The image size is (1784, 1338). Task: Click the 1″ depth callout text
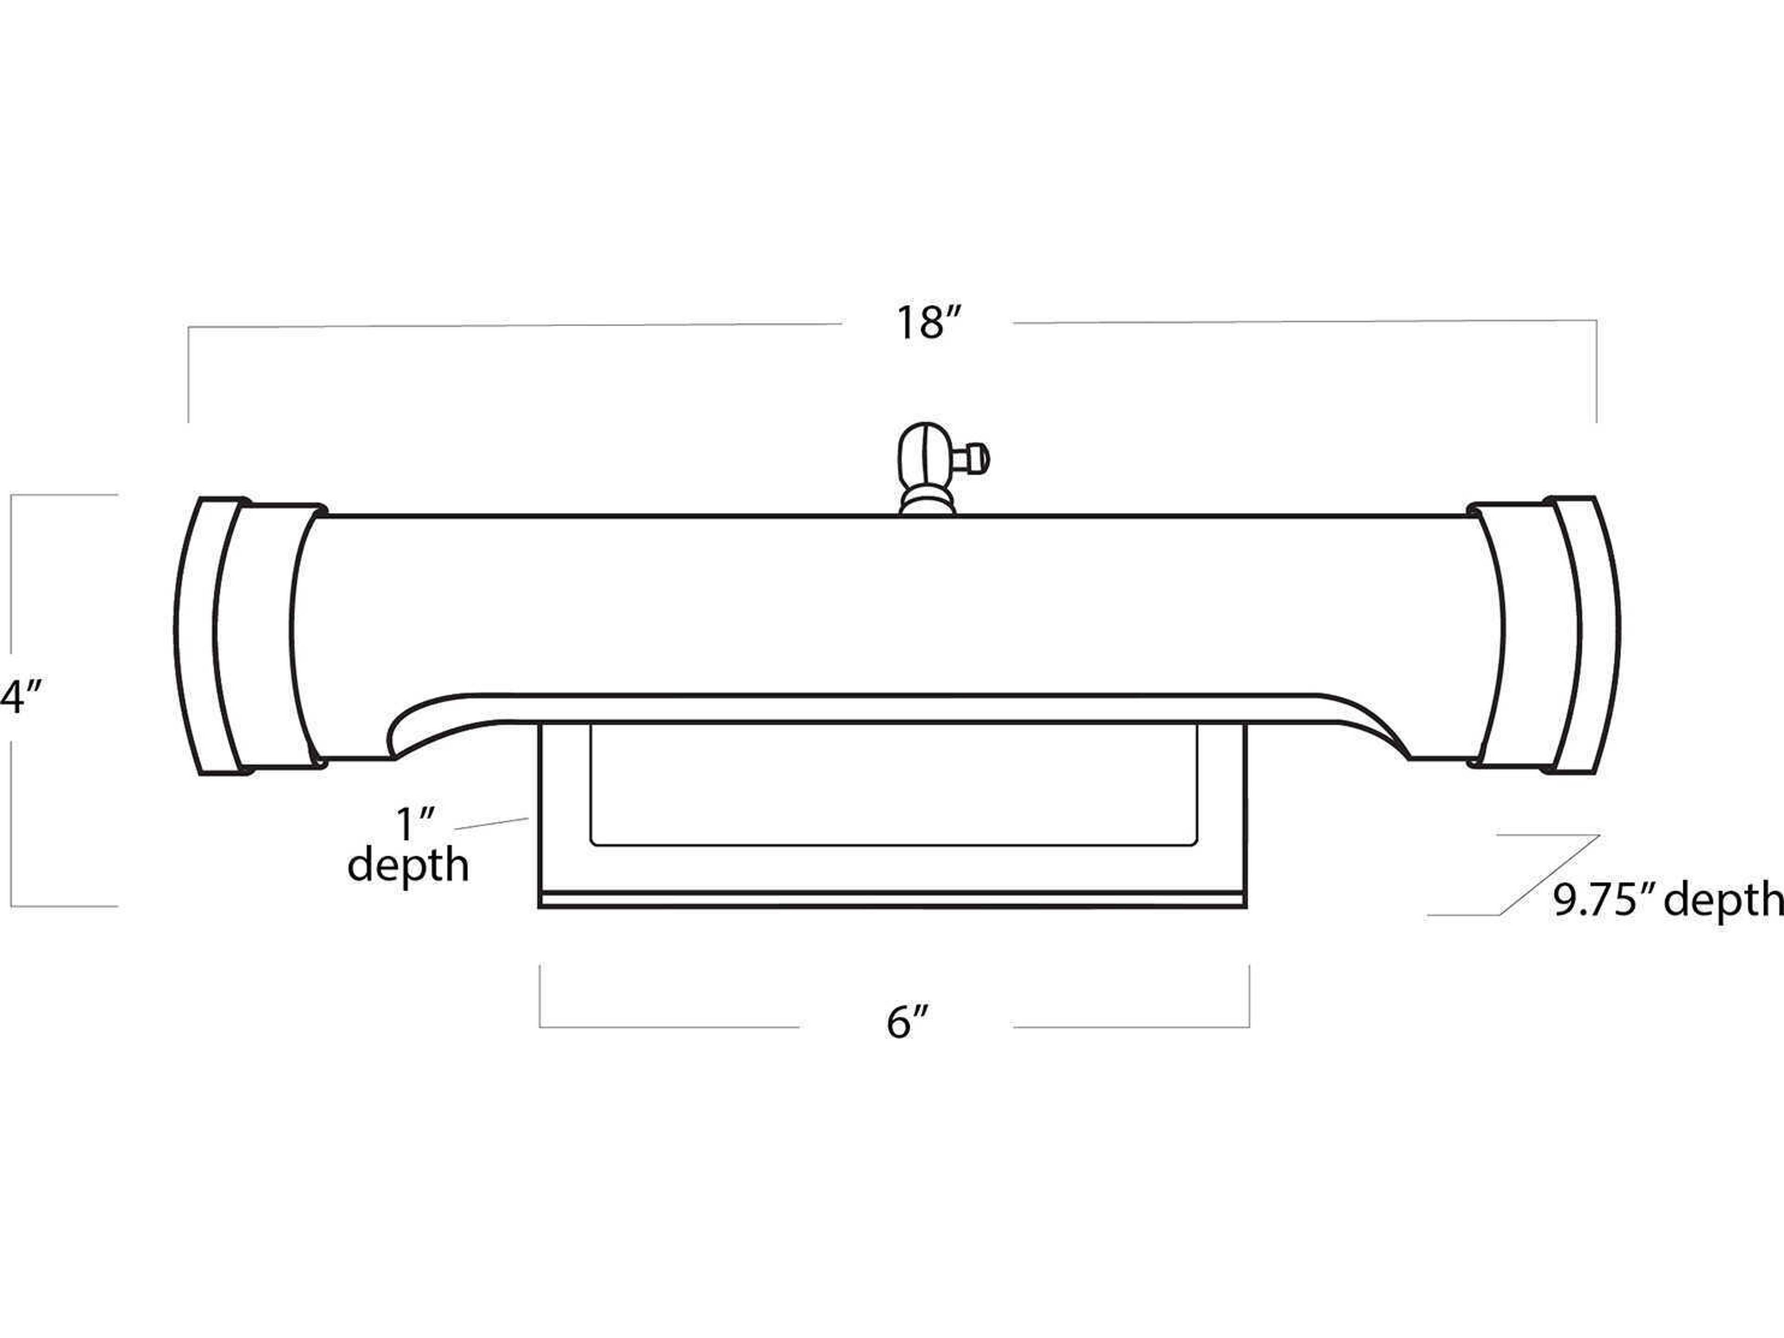(408, 845)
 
